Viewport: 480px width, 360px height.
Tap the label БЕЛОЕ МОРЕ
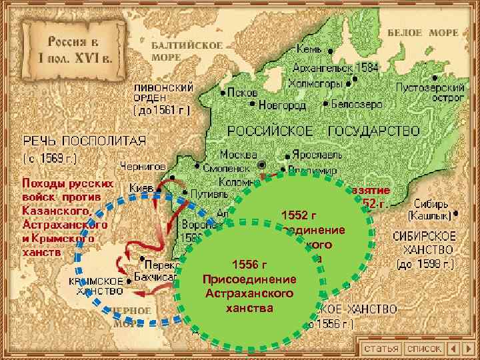432,33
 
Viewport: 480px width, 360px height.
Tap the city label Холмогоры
316,84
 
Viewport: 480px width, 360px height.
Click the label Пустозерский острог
430,92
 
